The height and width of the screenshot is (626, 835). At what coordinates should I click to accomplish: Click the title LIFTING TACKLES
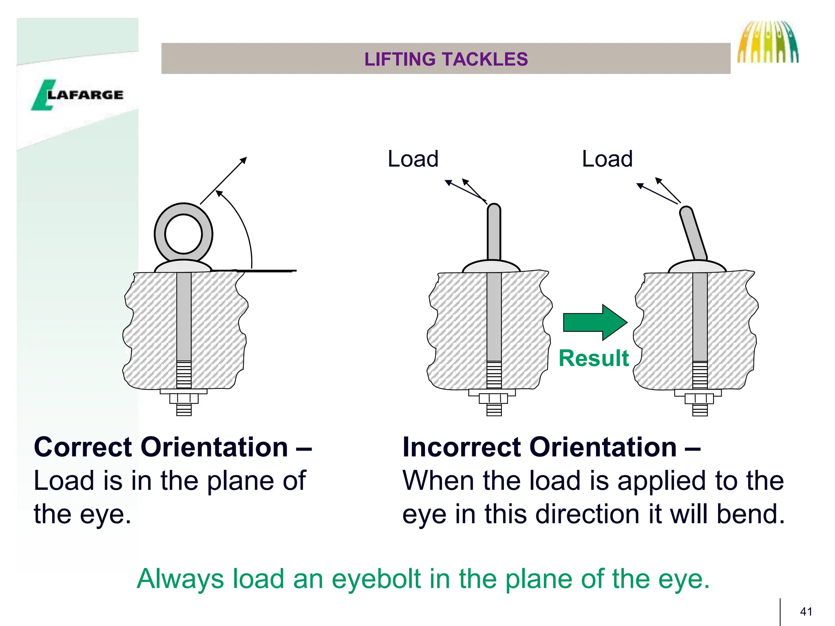click(x=446, y=59)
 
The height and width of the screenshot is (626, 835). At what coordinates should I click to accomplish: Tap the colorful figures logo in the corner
click(x=767, y=42)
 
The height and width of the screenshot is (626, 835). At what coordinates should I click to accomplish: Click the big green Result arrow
click(x=594, y=322)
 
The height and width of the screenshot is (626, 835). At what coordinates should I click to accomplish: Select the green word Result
click(x=594, y=359)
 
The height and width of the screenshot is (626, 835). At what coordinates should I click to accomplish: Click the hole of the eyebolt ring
click(x=183, y=234)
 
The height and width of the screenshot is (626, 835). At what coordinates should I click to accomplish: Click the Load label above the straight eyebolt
click(x=413, y=159)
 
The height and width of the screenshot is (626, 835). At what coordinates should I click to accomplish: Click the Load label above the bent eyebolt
click(x=607, y=159)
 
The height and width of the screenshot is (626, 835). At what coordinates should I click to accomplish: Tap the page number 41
click(x=806, y=611)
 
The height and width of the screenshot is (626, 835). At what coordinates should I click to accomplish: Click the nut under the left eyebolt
click(x=184, y=399)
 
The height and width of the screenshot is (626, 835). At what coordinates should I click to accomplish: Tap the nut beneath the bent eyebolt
click(x=700, y=399)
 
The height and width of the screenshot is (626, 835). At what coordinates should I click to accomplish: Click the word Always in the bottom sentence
click(x=180, y=579)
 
